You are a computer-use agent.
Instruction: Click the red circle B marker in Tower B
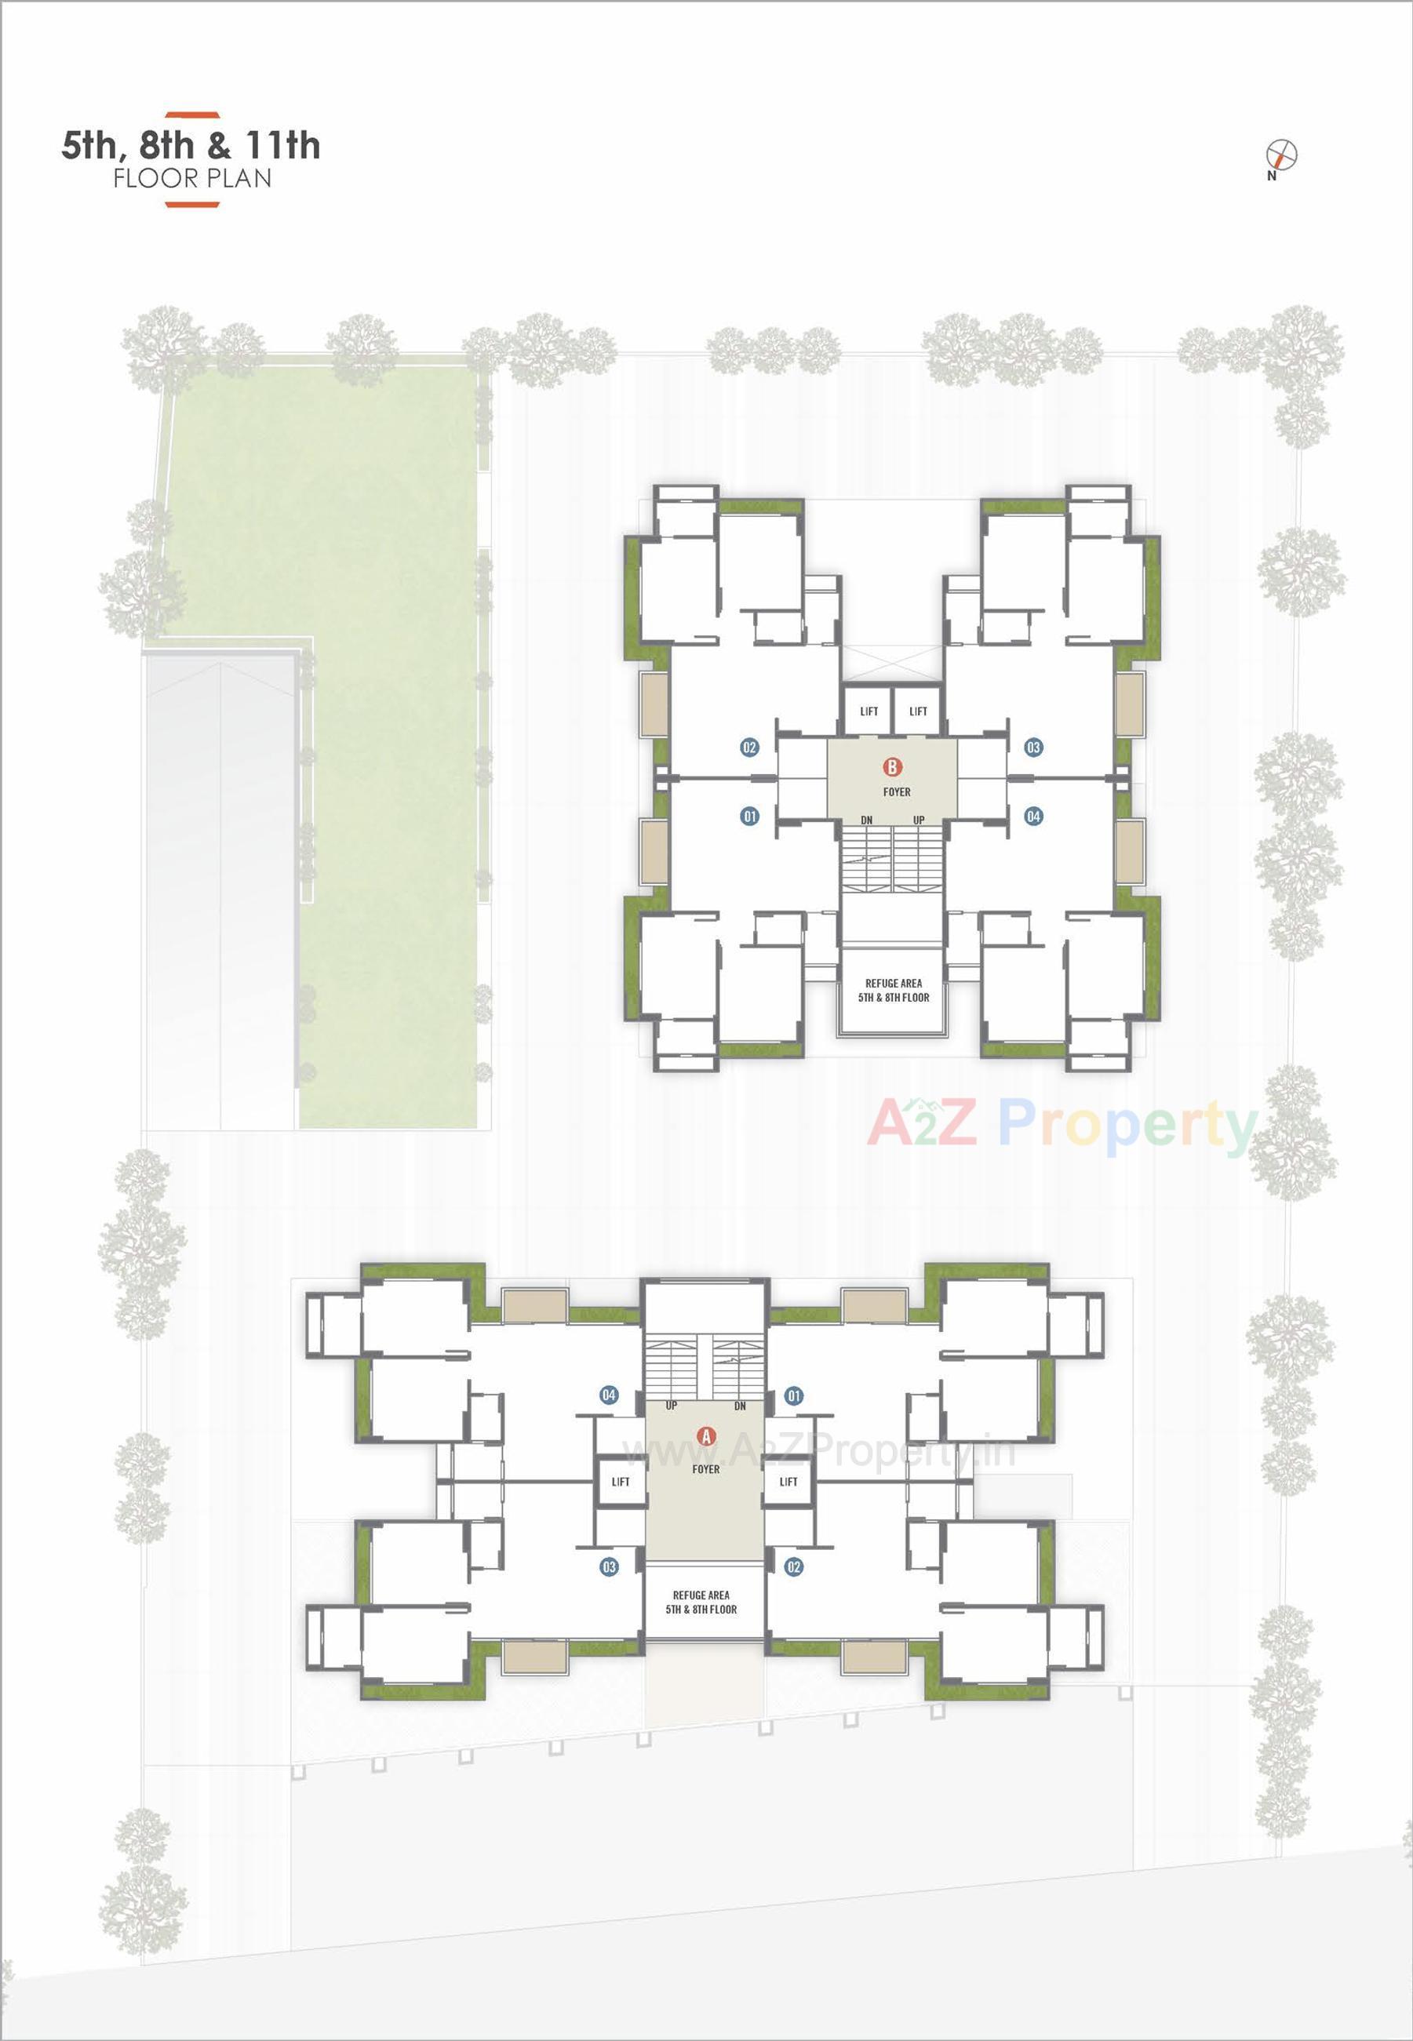coord(892,766)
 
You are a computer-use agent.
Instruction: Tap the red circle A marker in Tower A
coord(705,1435)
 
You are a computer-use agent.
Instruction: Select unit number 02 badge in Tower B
coord(750,747)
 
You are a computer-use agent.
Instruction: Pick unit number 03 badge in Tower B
coord(1033,747)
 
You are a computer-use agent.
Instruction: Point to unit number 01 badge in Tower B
coord(750,816)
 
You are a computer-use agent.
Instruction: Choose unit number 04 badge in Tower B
coord(1033,816)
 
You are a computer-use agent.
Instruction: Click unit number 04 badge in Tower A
coord(609,1395)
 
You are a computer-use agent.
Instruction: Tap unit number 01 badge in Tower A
coord(794,1395)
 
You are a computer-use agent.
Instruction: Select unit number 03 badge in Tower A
coord(609,1566)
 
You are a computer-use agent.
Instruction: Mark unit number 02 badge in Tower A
coord(794,1566)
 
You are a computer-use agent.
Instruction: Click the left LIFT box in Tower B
coord(869,711)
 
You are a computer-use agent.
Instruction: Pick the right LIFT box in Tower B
coord(918,711)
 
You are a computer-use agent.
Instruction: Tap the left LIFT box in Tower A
coord(621,1482)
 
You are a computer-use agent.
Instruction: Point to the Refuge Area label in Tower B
coord(894,990)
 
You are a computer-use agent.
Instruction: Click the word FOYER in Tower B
coord(896,792)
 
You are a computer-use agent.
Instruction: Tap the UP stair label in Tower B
coord(919,820)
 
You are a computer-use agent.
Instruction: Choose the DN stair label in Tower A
coord(740,1406)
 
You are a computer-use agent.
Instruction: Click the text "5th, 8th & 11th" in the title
coord(191,146)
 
